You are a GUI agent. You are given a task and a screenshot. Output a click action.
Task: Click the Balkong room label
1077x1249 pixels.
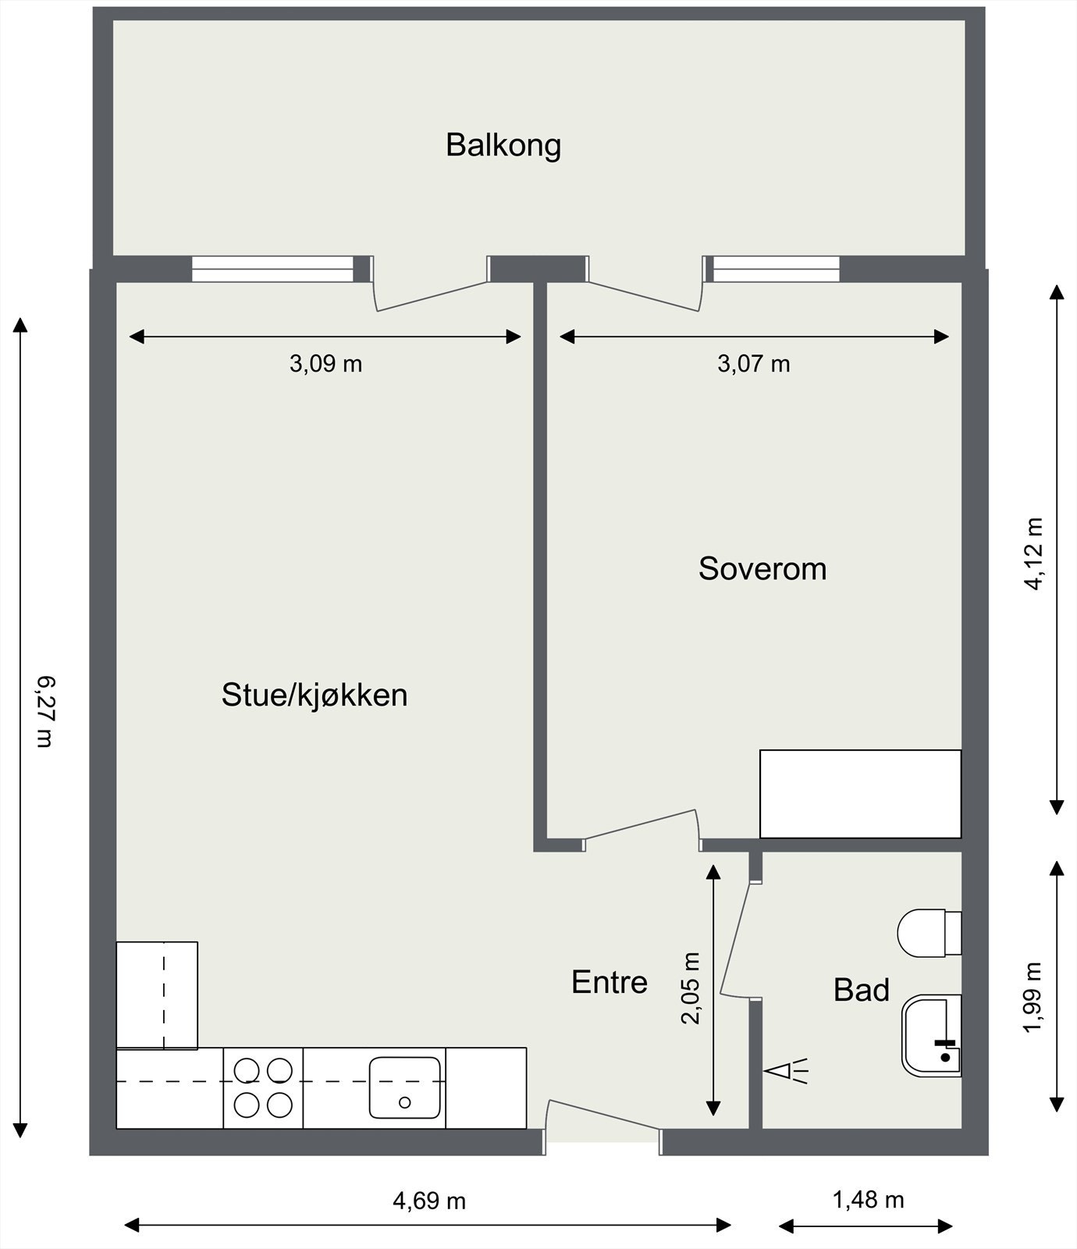(x=503, y=145)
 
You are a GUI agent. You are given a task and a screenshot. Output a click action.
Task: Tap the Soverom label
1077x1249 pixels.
(x=762, y=568)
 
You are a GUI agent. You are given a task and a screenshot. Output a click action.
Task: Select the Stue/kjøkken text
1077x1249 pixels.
(x=314, y=695)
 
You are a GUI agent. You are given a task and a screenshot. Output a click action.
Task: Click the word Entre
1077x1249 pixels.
(x=609, y=982)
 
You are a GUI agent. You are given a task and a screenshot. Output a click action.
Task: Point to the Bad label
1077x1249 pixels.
(x=861, y=990)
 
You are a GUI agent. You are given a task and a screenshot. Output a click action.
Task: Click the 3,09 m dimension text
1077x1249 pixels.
(x=325, y=364)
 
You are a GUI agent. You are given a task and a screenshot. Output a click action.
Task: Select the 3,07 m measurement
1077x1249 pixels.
(x=753, y=364)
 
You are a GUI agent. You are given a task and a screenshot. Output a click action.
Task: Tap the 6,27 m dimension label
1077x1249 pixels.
(x=45, y=711)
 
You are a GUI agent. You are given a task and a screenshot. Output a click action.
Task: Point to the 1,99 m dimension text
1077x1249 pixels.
(x=1033, y=997)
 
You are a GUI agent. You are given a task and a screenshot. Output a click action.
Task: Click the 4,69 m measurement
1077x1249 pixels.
(x=428, y=1200)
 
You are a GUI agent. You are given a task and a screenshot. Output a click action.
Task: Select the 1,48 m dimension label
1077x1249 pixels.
(x=868, y=1199)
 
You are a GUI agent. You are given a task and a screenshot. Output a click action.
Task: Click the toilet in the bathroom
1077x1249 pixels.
(x=927, y=933)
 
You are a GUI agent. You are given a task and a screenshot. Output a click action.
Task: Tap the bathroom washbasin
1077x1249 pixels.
(x=930, y=1036)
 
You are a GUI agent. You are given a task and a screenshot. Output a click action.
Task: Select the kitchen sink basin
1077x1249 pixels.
(x=404, y=1087)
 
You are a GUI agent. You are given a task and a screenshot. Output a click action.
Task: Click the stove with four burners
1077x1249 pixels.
(x=263, y=1087)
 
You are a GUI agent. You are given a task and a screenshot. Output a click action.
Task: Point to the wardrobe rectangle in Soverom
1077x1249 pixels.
(x=860, y=794)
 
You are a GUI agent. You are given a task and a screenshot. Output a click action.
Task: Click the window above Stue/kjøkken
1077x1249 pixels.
(x=272, y=269)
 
